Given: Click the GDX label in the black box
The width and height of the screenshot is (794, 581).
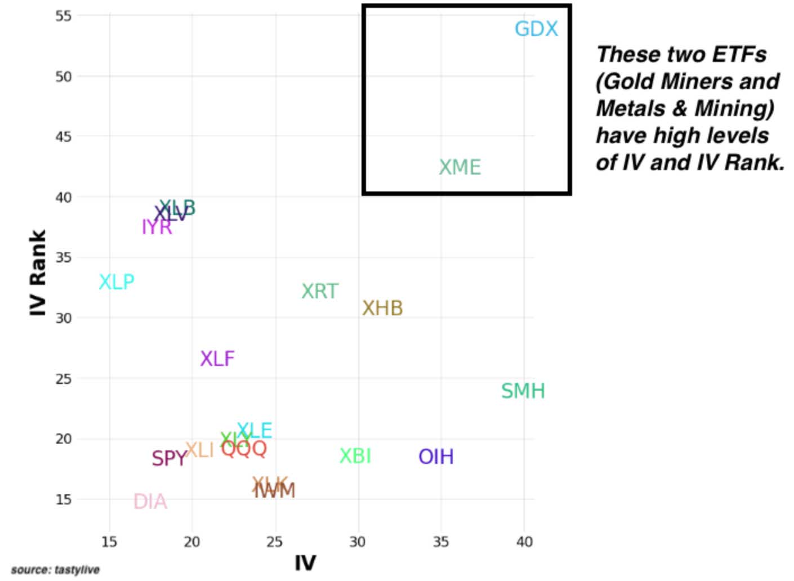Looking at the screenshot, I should pos(536,29).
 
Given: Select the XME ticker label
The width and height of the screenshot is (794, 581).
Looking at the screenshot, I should pos(460,167).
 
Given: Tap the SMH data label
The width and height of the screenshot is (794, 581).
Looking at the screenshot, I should pos(523,391).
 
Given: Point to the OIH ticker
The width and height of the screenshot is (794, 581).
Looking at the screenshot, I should pos(436,457).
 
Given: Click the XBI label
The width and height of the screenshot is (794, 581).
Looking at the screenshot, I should pos(355,456).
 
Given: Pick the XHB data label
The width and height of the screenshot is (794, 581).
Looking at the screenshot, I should pos(382,309).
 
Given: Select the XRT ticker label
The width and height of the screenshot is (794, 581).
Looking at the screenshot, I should pos(320,292).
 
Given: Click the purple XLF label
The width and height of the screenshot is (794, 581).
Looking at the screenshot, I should pos(217,359).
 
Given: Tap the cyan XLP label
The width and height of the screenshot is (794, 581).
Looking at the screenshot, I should pos(117,282).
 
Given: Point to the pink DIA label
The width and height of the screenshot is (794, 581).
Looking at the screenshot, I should pos(150,502).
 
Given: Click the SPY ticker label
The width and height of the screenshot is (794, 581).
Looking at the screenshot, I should pos(168,459).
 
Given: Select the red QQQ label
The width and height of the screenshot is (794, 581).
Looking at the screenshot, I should pos(244,449).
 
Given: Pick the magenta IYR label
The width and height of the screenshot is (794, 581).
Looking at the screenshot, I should pos(157,227).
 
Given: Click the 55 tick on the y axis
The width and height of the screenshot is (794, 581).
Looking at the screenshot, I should pos(64,16).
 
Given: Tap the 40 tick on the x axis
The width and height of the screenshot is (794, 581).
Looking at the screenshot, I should pos(524,542).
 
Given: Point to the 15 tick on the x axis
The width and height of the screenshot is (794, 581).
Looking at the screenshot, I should pos(109,542).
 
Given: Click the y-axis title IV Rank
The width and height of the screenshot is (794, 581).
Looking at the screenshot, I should pos(38,272).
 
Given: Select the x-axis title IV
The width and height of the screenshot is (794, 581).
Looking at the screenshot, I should pos(305,562).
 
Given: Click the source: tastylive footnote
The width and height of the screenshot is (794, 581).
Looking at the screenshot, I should pos(55,570).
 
